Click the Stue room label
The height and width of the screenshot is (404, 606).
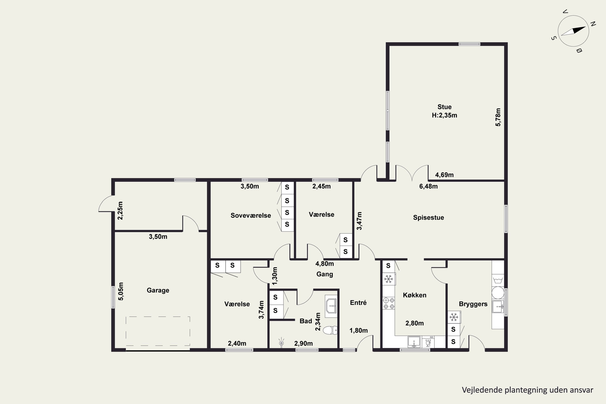[444, 107]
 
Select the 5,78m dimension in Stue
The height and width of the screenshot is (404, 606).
[498, 117]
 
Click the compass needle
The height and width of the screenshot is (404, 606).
[573, 31]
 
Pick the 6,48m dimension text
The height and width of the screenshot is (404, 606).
[428, 186]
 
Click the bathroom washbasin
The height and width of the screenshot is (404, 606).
[331, 306]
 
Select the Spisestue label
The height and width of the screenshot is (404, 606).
[428, 218]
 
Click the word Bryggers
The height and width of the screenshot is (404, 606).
[473, 304]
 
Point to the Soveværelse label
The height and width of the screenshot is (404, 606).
[251, 215]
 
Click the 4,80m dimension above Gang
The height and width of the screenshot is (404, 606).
[325, 264]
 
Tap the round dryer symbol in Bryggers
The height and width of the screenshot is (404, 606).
[498, 293]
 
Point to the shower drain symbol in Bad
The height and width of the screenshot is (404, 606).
[281, 343]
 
